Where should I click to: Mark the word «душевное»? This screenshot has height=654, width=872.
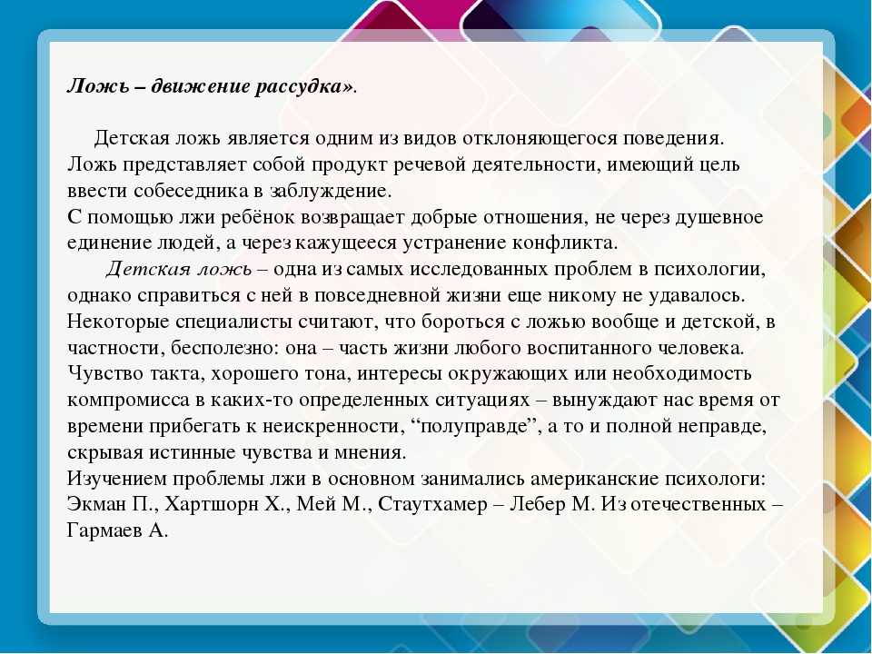click(x=718, y=217)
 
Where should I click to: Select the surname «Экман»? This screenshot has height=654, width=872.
click(x=97, y=504)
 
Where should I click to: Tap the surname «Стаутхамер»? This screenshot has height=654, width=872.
click(x=432, y=505)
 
